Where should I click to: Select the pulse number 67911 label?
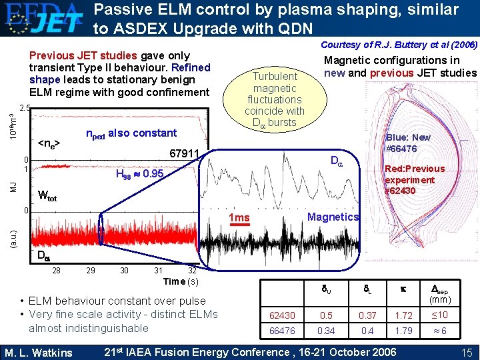185,155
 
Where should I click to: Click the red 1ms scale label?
239,218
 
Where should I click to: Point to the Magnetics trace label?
333,217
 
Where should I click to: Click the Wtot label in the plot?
47,197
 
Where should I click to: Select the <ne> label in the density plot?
49,143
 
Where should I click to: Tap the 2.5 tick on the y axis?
25,108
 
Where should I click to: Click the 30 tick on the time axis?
124,269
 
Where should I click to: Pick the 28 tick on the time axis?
56,269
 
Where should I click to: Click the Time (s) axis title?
181,281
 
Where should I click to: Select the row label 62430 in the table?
282,315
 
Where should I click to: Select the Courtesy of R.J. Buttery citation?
398,45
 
